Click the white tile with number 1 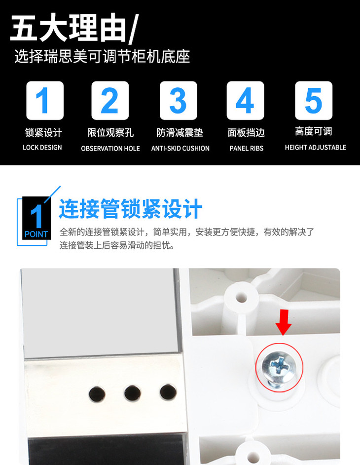45,101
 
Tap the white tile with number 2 110,101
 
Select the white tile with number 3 179,101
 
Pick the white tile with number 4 245,101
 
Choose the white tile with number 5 314,101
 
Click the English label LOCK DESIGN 42,148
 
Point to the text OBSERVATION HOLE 110,148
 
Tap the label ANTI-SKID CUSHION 180,148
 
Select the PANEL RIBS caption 246,148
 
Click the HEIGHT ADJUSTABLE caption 316,148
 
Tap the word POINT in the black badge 36,234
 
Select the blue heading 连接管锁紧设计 130,209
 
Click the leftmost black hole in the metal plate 97,394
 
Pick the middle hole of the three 132,392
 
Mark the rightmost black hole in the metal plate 168,392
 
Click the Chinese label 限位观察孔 110,133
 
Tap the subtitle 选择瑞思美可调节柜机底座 102,56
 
